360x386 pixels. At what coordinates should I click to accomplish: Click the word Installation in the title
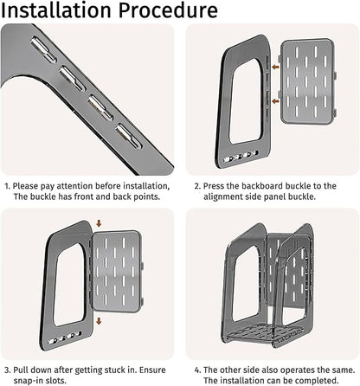point(56,10)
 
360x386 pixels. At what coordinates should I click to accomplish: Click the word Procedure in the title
point(168,10)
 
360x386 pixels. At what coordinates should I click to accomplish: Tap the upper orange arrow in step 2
point(275,68)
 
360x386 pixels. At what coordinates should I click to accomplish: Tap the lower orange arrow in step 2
point(275,101)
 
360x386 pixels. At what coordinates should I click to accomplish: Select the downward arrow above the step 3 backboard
point(99,223)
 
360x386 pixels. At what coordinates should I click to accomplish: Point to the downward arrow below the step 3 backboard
point(99,321)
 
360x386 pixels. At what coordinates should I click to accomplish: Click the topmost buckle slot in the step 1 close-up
point(43,49)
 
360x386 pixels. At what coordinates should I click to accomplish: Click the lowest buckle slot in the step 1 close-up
point(129,136)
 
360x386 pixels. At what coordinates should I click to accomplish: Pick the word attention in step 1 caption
point(74,186)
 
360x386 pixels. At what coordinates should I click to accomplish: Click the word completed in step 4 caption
point(317,381)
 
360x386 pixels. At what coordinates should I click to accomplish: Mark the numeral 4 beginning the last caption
point(197,370)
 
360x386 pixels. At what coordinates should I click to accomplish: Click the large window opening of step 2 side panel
point(246,101)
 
